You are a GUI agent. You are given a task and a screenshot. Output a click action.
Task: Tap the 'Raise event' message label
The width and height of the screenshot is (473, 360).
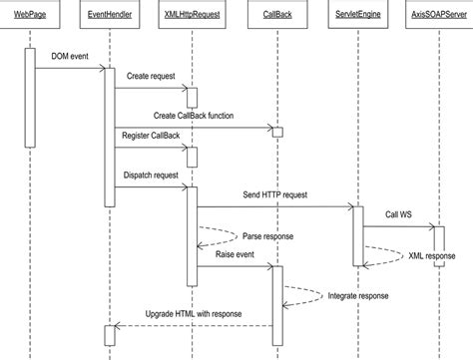pyautogui.click(x=234, y=255)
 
